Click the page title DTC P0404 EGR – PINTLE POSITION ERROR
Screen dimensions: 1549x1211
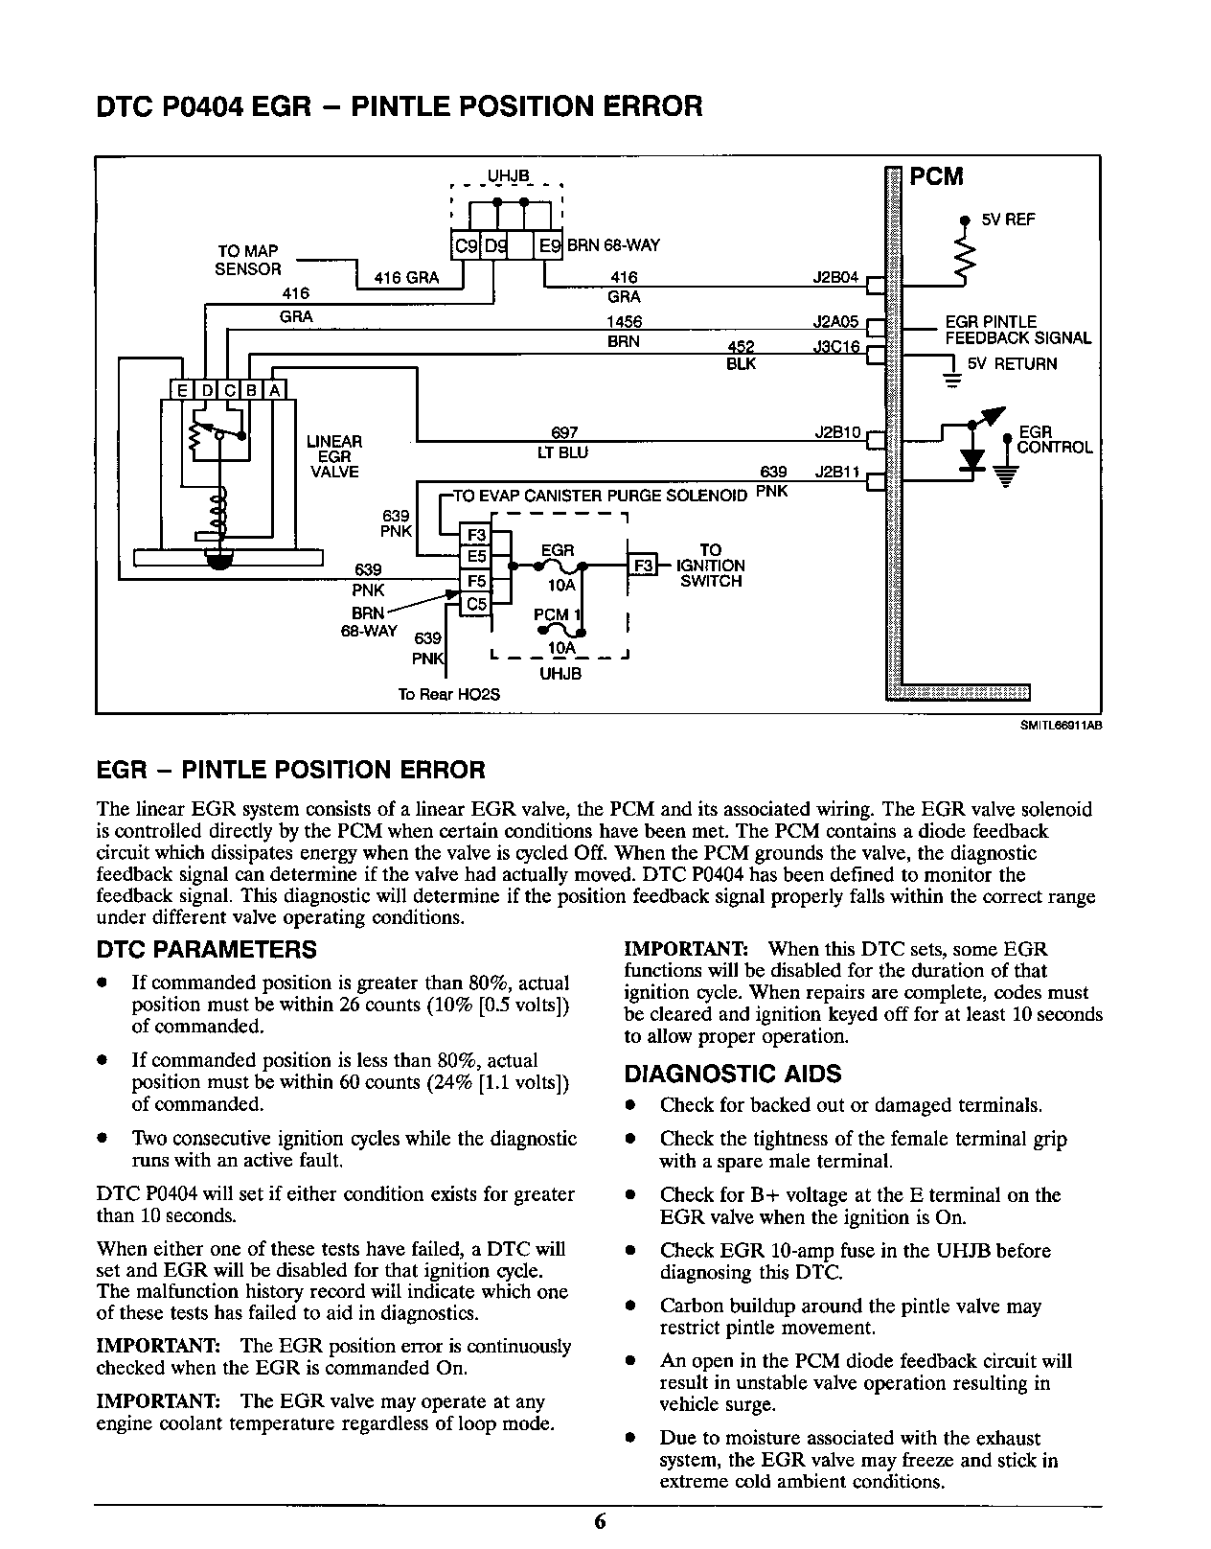[400, 106]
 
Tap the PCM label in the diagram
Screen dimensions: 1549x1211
[935, 177]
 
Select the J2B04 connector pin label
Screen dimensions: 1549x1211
[837, 276]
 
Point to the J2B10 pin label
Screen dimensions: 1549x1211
[837, 432]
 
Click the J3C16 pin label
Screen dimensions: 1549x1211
[836, 348]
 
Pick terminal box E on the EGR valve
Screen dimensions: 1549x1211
[180, 390]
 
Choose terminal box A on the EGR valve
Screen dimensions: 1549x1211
[275, 390]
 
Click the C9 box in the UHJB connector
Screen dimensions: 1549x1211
[465, 246]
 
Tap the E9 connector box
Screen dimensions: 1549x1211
[550, 246]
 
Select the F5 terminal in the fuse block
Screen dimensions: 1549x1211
[476, 581]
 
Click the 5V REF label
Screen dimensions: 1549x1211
[1008, 220]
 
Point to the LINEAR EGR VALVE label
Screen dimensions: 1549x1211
[333, 456]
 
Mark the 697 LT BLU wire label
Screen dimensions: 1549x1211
[570, 443]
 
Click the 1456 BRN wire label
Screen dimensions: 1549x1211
[624, 332]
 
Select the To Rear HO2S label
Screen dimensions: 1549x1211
[448, 694]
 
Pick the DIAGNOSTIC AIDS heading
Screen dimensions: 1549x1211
[733, 1074]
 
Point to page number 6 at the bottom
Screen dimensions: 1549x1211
[600, 1522]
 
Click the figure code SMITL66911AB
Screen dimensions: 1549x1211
[1060, 726]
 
